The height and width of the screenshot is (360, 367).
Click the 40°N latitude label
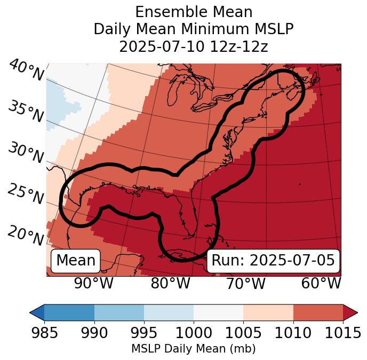(26, 71)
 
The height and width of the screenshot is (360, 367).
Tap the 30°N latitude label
(26, 153)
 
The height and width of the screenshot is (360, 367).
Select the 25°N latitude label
(26, 194)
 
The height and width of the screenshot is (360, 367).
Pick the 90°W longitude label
(94, 283)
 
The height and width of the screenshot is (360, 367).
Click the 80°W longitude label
(170, 283)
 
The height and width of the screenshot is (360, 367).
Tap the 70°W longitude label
(245, 283)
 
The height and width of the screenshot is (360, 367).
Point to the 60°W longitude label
(321, 283)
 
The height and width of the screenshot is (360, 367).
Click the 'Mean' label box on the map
(76, 261)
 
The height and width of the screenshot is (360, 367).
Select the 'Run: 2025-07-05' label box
(273, 261)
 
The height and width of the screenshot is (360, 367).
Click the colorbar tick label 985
(45, 333)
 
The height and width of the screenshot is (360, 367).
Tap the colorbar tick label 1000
(194, 333)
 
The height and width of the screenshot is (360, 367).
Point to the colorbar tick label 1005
(243, 333)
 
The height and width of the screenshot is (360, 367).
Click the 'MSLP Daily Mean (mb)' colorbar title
(193, 349)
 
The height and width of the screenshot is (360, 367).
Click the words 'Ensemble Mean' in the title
(193, 12)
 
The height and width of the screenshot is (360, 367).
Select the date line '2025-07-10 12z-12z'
(193, 46)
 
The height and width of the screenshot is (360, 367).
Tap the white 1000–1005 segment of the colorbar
(218, 312)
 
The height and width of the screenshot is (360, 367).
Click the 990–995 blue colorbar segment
(119, 312)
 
